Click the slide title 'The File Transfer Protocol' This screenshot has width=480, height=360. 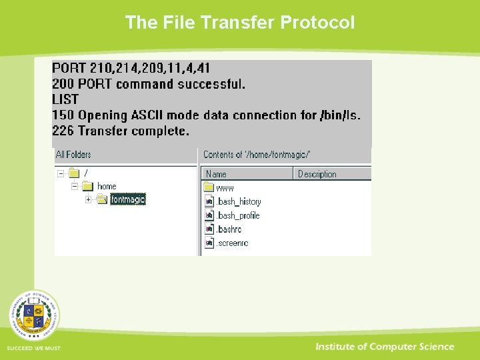[x=240, y=23]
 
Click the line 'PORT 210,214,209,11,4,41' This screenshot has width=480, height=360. [x=131, y=68]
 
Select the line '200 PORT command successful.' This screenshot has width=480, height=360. [x=149, y=84]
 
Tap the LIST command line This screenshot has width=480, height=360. [x=65, y=99]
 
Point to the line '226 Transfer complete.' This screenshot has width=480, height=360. [x=121, y=131]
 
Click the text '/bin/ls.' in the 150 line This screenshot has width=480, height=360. [x=340, y=115]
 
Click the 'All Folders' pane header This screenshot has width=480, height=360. [x=73, y=155]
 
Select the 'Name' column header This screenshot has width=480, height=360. [x=216, y=174]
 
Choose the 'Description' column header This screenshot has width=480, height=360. [x=317, y=174]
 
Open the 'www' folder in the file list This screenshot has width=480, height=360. [x=225, y=188]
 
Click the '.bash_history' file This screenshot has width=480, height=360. [x=238, y=201]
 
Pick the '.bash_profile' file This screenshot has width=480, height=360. [x=237, y=215]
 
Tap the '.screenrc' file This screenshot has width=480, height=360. [x=232, y=243]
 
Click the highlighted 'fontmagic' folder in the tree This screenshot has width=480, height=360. [x=127, y=199]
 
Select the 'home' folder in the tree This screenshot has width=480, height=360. [x=107, y=187]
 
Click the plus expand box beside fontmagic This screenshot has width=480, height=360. [x=88, y=199]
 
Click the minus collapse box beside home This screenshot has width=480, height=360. [x=75, y=187]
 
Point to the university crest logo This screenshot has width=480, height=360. [x=34, y=315]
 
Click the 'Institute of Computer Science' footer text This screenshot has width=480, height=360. [x=385, y=347]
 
